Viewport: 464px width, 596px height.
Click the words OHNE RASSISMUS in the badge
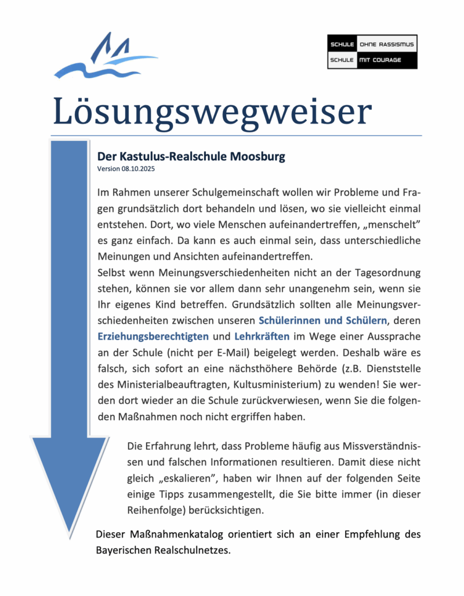coord(386,44)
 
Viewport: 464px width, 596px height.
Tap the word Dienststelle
coord(389,368)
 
